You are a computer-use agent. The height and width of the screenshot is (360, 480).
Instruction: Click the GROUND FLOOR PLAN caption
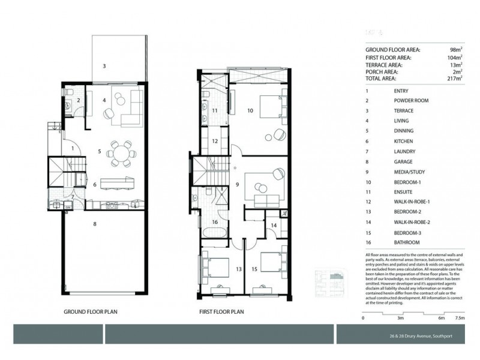tap(94, 313)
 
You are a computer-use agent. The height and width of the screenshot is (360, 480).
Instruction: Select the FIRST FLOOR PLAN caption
tap(222, 313)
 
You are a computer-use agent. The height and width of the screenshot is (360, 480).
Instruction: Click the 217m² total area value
tap(454, 79)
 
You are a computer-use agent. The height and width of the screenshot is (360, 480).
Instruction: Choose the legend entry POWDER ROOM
tap(412, 101)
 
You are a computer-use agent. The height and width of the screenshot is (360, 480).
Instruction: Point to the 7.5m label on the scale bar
tap(460, 318)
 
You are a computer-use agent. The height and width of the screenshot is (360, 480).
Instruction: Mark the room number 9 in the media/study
tap(238, 185)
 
